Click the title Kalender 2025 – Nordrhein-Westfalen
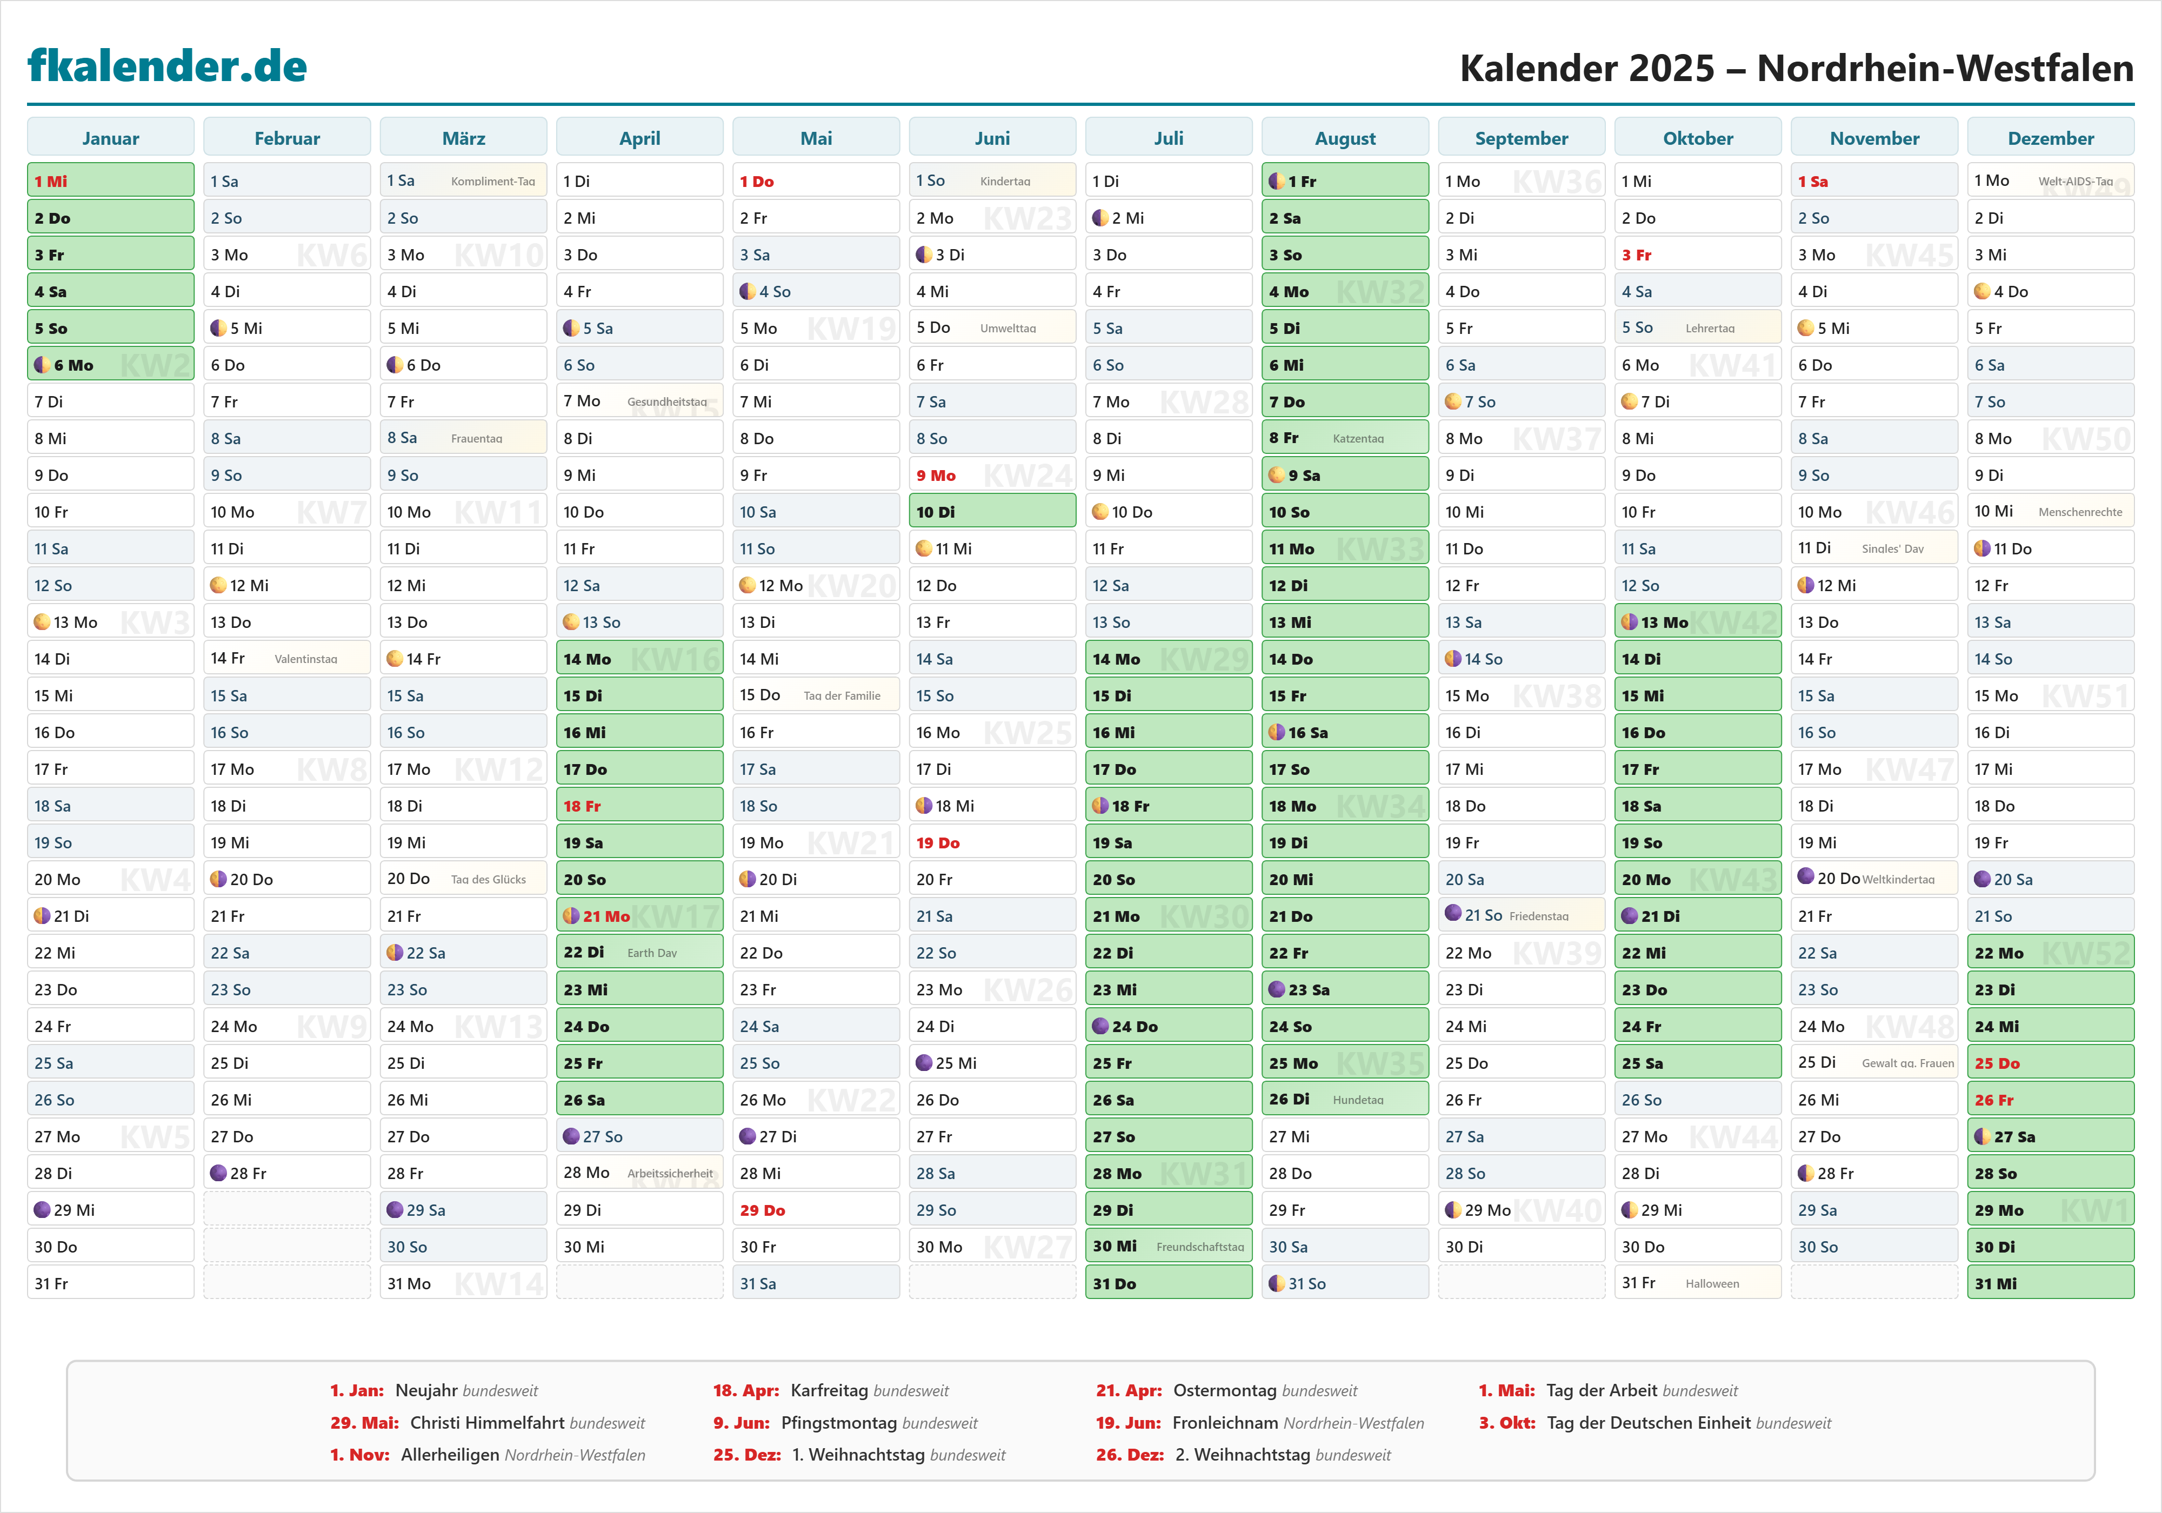pos(1796,68)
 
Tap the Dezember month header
pos(2050,138)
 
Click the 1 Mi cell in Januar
pos(110,181)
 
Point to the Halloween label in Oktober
pos(1712,1283)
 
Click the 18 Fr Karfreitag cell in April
pos(639,806)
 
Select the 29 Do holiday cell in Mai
pos(816,1210)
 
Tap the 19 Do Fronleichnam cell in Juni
pos(991,842)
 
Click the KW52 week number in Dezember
pos(2086,953)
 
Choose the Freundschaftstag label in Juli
pos(1200,1247)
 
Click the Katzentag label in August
pos(1358,439)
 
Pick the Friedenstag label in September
pos(1539,916)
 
